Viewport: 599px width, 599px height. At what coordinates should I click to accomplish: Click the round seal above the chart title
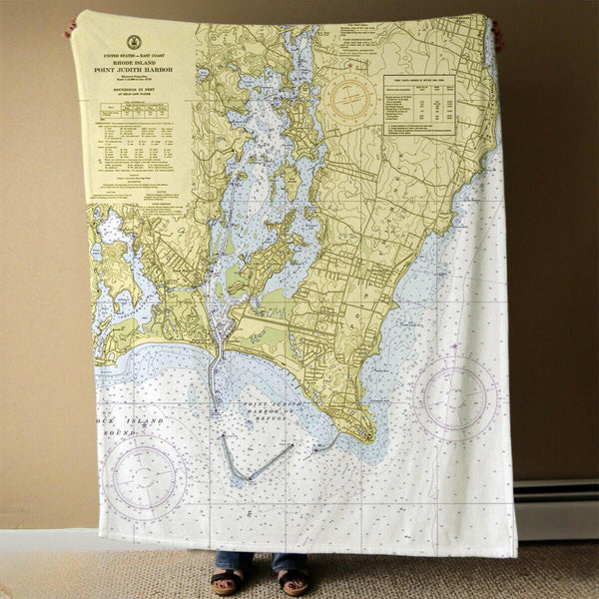coord(135,42)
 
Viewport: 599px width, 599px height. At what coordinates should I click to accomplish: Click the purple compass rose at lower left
coord(146,476)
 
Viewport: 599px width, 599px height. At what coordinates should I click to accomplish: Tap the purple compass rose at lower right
coord(455,396)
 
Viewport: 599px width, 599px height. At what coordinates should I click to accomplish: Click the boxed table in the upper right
coord(419,104)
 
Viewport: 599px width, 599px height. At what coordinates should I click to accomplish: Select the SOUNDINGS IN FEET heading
coord(134,98)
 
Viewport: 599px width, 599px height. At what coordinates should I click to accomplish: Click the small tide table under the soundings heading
coord(134,129)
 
